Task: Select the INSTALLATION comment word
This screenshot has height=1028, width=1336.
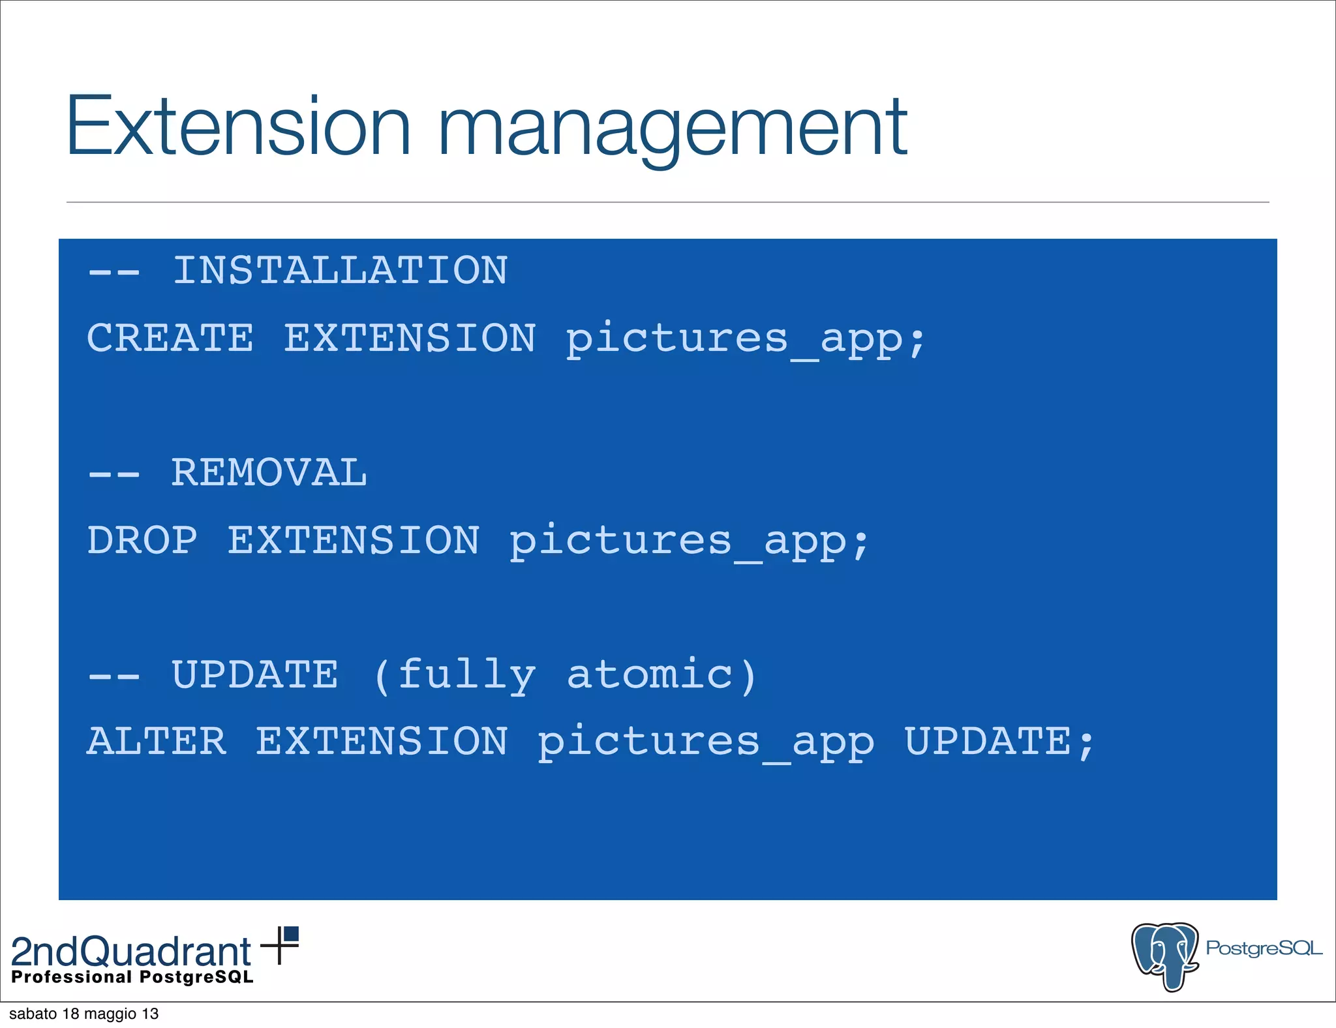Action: coord(340,271)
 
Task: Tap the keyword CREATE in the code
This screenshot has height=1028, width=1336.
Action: coord(170,339)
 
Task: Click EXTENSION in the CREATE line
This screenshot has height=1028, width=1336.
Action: coord(410,339)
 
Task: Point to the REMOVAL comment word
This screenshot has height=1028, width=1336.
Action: coord(269,473)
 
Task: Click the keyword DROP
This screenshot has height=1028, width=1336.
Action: coord(142,541)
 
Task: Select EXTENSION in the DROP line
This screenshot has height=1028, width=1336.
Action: coord(354,541)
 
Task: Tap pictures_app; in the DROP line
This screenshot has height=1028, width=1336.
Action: coord(689,542)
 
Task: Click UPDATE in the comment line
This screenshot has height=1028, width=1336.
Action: coord(254,674)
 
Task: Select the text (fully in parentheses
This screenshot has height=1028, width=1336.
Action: coord(455,676)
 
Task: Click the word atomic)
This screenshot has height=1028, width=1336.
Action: coord(661,674)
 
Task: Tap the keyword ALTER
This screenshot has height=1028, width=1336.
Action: coord(157,742)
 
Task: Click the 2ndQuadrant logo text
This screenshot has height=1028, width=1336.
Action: coord(131,952)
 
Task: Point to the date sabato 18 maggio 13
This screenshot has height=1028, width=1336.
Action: coord(84,1014)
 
